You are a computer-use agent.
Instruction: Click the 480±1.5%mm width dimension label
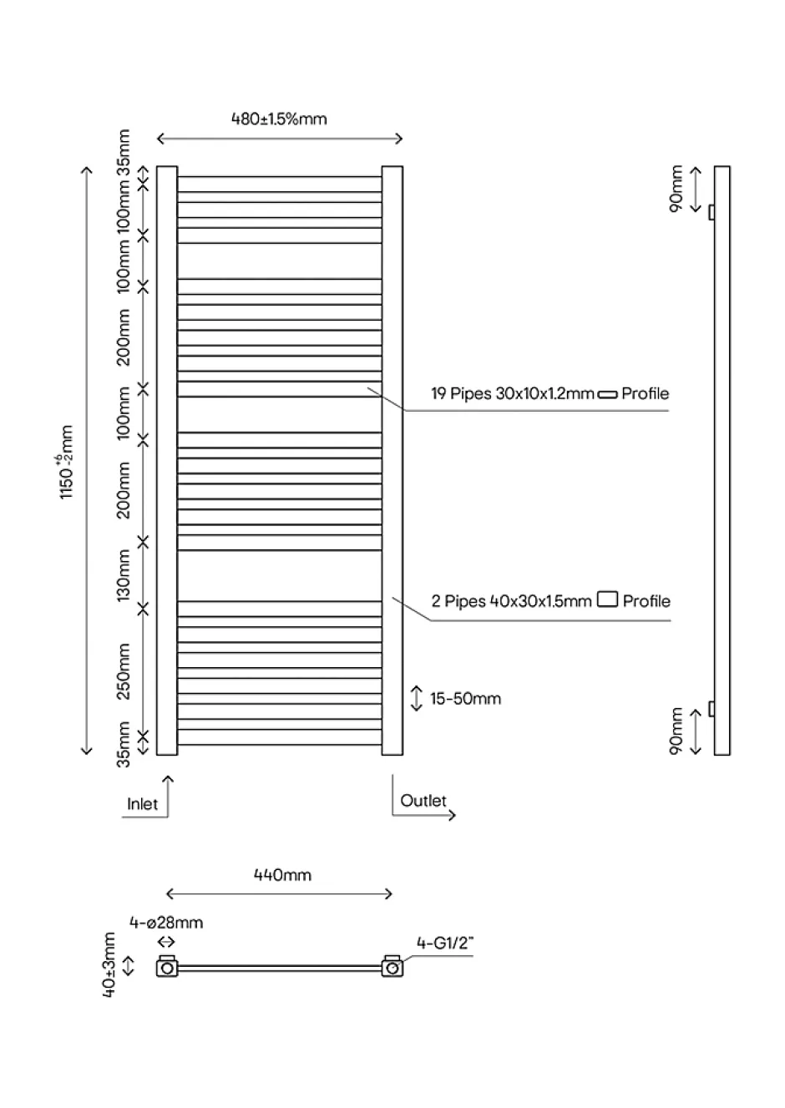click(279, 119)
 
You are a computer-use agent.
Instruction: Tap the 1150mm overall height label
click(66, 462)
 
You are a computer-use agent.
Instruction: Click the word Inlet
click(143, 804)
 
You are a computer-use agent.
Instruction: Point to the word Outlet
click(423, 801)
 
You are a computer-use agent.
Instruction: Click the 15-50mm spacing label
click(465, 698)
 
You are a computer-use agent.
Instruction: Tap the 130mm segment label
click(123, 575)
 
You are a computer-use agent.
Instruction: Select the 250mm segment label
click(123, 671)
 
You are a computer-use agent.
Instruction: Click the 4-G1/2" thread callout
click(444, 944)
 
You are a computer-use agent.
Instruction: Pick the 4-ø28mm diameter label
click(166, 923)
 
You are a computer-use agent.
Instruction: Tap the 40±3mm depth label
click(109, 965)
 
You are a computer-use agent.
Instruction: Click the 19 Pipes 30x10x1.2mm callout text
click(513, 394)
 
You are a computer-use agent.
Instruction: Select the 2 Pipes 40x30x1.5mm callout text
click(511, 601)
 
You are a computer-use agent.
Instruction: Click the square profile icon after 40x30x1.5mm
click(607, 599)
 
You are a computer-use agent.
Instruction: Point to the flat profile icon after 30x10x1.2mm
click(607, 394)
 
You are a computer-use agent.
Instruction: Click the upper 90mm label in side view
click(676, 189)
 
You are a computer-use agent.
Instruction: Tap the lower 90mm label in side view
click(676, 731)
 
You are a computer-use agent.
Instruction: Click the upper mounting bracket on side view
click(712, 212)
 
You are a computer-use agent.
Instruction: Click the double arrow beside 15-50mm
click(417, 698)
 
